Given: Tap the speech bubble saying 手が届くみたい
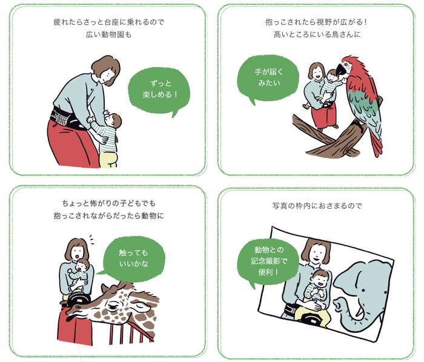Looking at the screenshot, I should [268, 77].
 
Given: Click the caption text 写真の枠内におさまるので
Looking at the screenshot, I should [317, 206].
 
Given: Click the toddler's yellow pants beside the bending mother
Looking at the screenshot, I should [110, 159].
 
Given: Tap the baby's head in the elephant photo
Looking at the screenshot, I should [321, 279].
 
